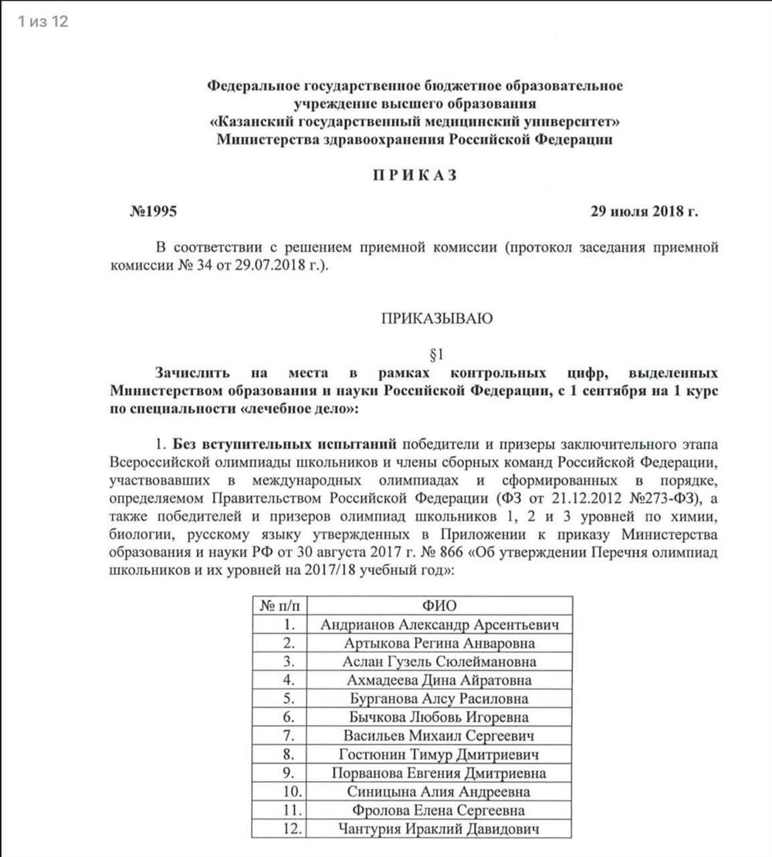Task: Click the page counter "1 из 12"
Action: coord(43,22)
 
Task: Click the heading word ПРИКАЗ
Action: coord(415,175)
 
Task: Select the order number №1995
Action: coord(156,211)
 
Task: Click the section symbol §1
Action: coord(437,355)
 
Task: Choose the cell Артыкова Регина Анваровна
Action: coord(439,643)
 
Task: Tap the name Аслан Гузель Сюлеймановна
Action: coord(439,661)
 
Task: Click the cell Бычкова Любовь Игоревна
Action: coord(439,718)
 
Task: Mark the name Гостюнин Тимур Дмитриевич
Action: coord(439,755)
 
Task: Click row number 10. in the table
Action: coord(286,792)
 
